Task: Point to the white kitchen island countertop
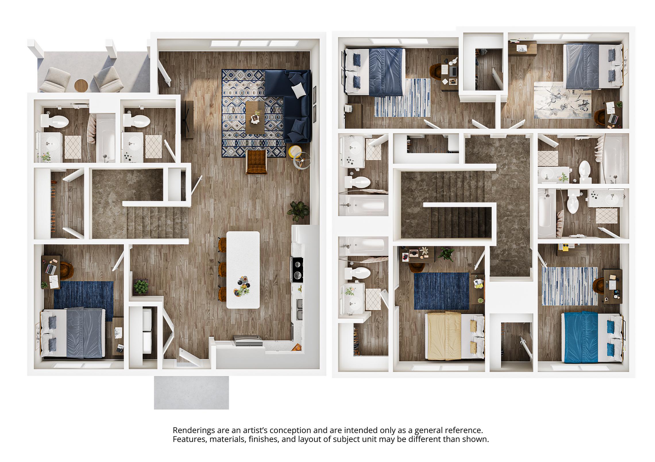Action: click(243, 269)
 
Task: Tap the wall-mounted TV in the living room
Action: click(188, 120)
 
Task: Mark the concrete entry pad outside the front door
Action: click(191, 393)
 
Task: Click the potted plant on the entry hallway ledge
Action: click(141, 287)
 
